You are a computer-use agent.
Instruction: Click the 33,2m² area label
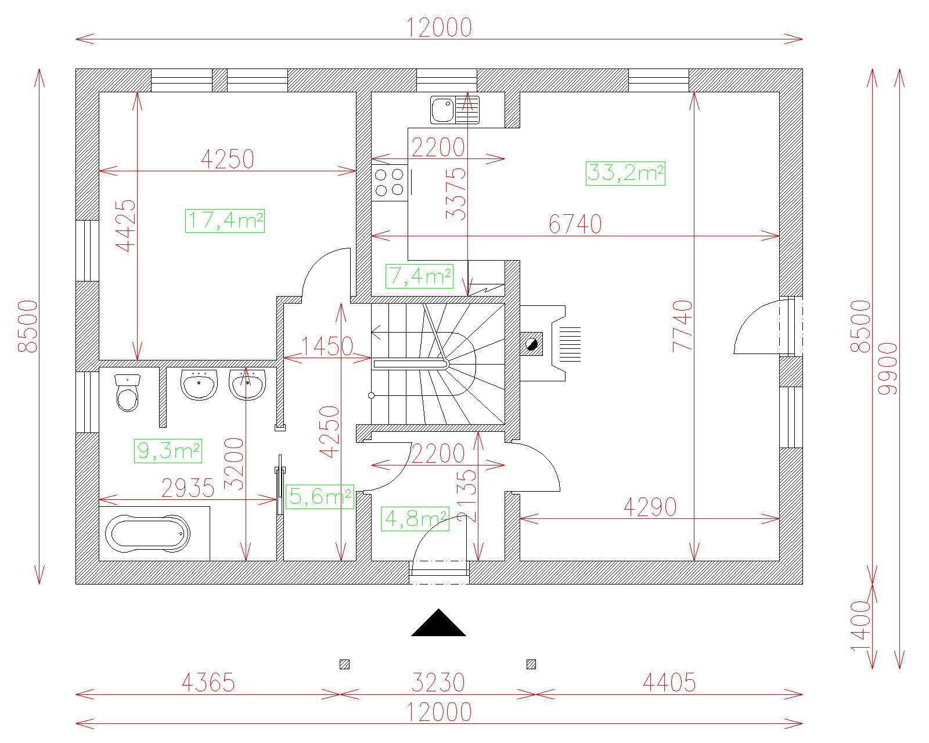(625, 174)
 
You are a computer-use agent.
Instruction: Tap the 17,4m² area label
(225, 221)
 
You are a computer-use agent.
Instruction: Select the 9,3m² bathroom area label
(168, 450)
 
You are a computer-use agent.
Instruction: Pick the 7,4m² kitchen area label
(420, 276)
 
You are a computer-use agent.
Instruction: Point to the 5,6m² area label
(320, 496)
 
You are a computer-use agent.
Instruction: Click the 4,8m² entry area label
(415, 518)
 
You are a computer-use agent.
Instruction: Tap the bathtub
(147, 533)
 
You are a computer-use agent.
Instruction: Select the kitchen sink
(455, 110)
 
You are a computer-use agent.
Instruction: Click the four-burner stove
(390, 183)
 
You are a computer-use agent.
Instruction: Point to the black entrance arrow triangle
(438, 622)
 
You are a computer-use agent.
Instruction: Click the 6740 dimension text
(575, 224)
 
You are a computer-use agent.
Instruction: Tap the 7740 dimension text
(682, 326)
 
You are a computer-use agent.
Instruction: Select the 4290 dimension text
(650, 507)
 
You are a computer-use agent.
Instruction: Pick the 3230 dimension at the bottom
(438, 682)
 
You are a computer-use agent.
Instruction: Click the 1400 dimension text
(859, 626)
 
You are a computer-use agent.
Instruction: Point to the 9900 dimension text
(888, 369)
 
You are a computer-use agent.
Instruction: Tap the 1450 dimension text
(327, 346)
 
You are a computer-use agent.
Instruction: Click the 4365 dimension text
(208, 682)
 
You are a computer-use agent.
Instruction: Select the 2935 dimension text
(188, 488)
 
